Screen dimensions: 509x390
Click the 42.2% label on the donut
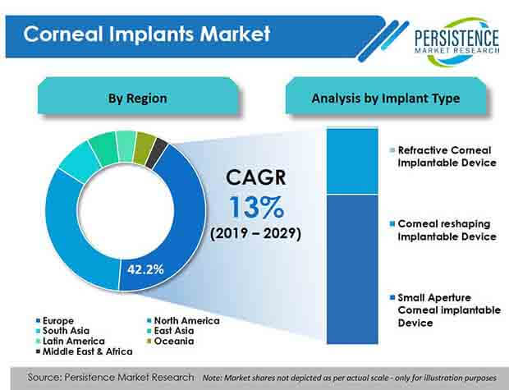point(145,269)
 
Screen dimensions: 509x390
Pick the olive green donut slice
point(144,148)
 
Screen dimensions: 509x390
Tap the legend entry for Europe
point(55,321)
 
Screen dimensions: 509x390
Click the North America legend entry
point(183,321)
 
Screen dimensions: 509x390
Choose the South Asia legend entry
point(62,331)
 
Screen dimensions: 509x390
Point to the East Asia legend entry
point(171,331)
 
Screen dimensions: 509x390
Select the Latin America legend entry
point(70,342)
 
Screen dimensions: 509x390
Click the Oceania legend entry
point(171,342)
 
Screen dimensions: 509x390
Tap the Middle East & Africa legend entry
point(84,351)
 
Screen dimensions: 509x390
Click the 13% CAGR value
point(256,207)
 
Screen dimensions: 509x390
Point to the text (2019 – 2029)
point(255,233)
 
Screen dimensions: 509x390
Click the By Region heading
point(138,98)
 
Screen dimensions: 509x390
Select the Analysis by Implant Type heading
point(386,98)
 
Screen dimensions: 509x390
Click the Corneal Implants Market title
point(147,34)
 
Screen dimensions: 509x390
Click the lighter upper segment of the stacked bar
point(352,161)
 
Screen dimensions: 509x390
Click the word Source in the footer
point(44,378)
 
